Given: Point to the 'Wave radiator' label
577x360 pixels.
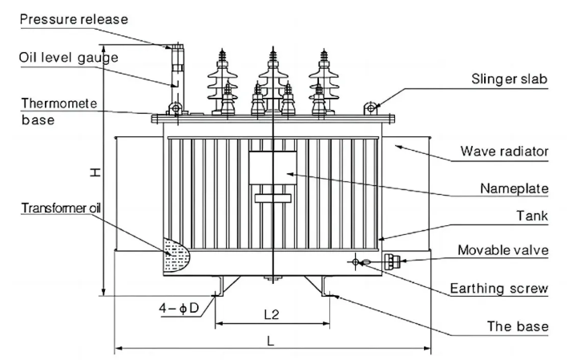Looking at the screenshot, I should tap(504, 151).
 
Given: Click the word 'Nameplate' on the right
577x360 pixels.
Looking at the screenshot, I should tap(514, 188).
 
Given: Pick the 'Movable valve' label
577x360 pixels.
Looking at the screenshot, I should tap(503, 250).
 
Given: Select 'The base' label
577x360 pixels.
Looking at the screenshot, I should tap(518, 326).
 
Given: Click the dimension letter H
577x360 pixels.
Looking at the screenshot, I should tap(95, 172).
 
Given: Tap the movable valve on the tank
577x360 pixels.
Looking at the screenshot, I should tap(392, 261).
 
